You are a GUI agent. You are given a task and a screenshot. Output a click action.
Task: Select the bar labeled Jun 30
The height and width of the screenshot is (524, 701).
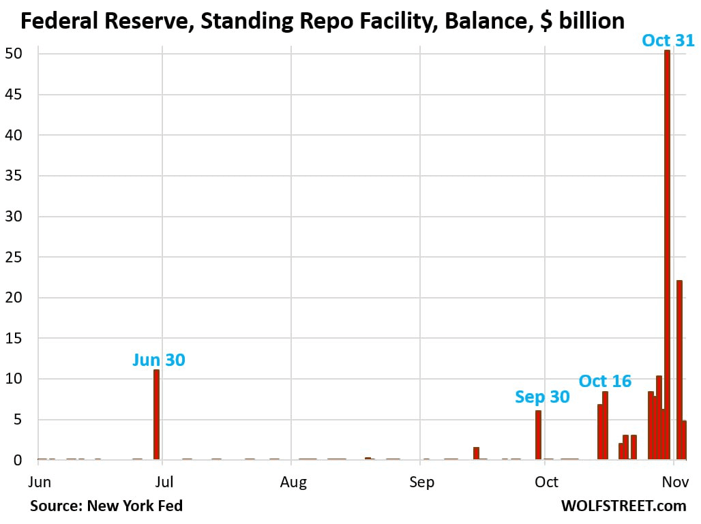(156, 414)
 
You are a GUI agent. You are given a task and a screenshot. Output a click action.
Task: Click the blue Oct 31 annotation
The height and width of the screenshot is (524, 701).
(668, 40)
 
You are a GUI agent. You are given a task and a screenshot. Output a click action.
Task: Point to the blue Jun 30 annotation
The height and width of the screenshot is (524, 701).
(158, 359)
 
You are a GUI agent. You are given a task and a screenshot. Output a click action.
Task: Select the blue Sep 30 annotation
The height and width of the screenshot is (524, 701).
(542, 396)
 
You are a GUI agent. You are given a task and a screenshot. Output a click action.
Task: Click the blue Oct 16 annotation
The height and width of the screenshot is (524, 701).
(605, 380)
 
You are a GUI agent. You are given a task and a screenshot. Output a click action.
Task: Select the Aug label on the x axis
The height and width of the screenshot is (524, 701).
(293, 482)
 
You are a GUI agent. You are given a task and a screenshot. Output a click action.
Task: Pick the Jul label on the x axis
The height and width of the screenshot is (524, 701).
(164, 482)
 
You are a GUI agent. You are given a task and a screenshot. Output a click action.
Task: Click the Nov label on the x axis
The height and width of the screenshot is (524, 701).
(674, 482)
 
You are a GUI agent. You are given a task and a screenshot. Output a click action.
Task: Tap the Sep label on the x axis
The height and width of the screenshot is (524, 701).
(421, 482)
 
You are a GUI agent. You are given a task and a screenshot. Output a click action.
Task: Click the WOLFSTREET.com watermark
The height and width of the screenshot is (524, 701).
(623, 506)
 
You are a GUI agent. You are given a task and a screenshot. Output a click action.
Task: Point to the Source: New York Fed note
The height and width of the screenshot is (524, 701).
(106, 506)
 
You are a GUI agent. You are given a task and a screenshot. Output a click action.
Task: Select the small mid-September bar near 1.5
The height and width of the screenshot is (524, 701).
(476, 453)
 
